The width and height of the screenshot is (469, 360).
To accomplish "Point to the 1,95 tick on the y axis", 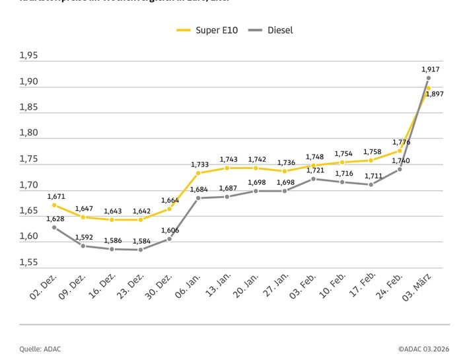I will tap(28, 57).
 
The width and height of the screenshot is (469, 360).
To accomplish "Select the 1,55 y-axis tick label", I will tap(28, 262).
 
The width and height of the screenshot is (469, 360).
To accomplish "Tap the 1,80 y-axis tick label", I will tap(28, 133).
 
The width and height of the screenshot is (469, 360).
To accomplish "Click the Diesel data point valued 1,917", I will tap(428, 79).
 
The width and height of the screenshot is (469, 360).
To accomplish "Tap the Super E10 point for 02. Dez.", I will tap(54, 205).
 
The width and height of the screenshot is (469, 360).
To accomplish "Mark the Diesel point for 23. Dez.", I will tap(140, 250).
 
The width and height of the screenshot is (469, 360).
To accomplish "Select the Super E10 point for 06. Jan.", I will tap(198, 173).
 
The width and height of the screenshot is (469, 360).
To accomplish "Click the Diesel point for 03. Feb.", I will tap(314, 179).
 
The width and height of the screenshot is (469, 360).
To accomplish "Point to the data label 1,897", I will tap(434, 94).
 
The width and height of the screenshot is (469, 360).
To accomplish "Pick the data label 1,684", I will tap(199, 190).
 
